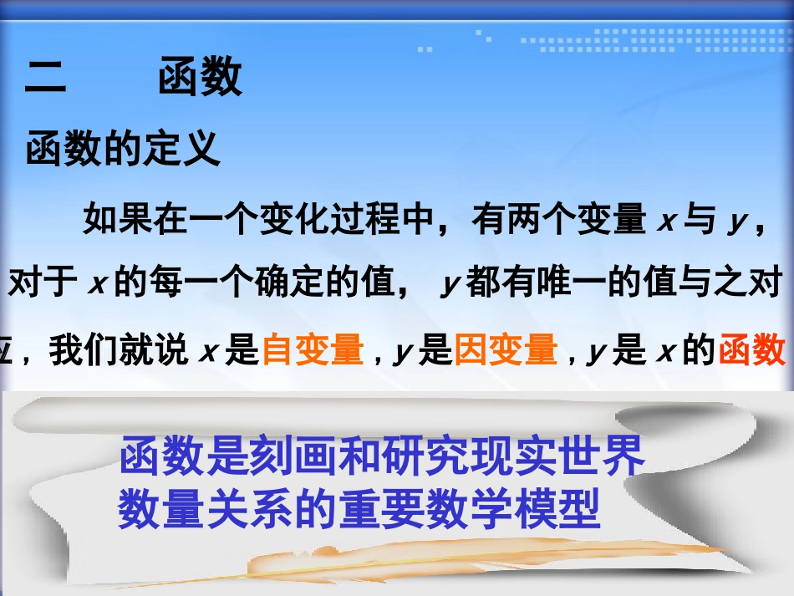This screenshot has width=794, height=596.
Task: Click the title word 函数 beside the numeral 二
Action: pyautogui.click(x=201, y=78)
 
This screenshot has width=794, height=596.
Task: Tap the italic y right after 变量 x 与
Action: pyautogui.click(x=736, y=222)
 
